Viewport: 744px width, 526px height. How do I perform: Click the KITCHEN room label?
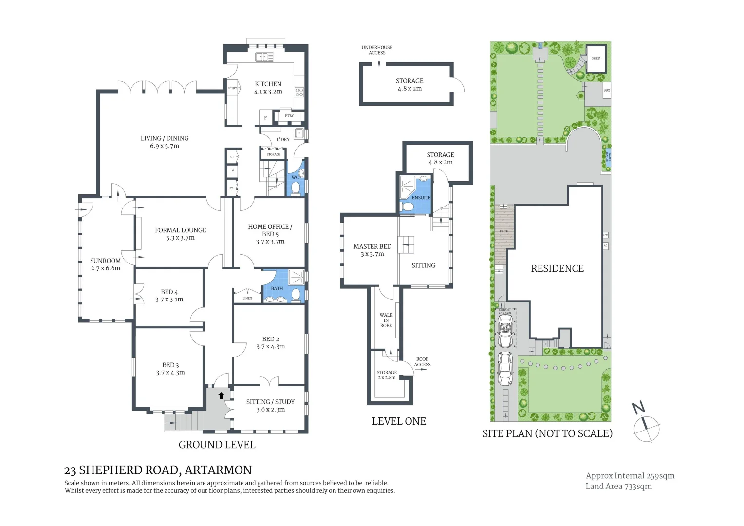pyautogui.click(x=268, y=84)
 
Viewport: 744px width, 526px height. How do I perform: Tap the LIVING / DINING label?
pyautogui.click(x=165, y=138)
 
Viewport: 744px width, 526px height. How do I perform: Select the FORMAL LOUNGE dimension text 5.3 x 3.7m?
pyautogui.click(x=180, y=238)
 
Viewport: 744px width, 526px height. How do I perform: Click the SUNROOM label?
pyautogui.click(x=105, y=261)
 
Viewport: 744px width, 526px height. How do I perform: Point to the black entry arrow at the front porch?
pyautogui.click(x=221, y=395)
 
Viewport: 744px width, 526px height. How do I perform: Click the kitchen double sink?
pyautogui.click(x=264, y=57)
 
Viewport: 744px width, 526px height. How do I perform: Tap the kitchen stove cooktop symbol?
pyautogui.click(x=299, y=92)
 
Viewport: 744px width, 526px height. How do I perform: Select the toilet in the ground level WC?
pyautogui.click(x=295, y=188)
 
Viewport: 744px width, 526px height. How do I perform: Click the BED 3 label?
pyautogui.click(x=170, y=365)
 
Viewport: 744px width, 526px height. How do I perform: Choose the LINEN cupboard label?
pyautogui.click(x=247, y=298)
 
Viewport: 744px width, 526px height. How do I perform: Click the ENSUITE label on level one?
pyautogui.click(x=421, y=198)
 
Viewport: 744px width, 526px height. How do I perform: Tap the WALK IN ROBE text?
pyautogui.click(x=386, y=320)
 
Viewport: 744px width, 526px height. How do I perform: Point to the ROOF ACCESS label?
pyautogui.click(x=422, y=362)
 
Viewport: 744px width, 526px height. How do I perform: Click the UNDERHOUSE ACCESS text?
pyautogui.click(x=377, y=50)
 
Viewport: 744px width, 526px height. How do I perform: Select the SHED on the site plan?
pyautogui.click(x=596, y=58)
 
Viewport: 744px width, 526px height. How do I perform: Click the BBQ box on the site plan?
pyautogui.click(x=607, y=90)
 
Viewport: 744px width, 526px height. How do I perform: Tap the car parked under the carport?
pyautogui.click(x=505, y=331)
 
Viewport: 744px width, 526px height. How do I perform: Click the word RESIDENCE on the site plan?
pyautogui.click(x=557, y=268)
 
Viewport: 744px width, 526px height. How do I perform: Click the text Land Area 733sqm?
pyautogui.click(x=618, y=486)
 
